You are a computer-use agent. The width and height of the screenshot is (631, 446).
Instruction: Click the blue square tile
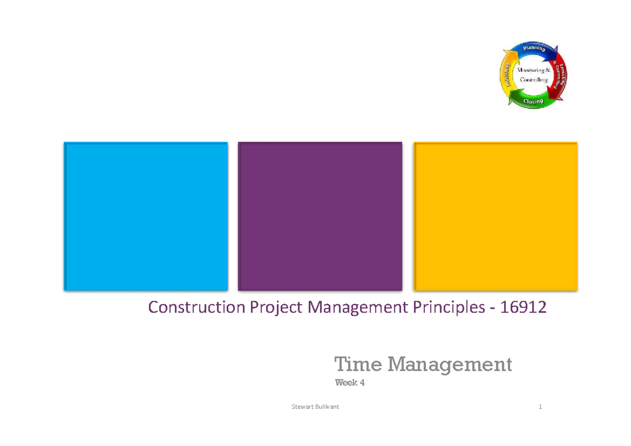pos(146,216)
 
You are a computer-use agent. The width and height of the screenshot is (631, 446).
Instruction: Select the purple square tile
pos(320,216)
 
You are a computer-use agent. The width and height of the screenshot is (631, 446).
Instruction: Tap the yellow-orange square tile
pos(495,216)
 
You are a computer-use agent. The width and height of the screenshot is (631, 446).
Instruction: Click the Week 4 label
pos(350,383)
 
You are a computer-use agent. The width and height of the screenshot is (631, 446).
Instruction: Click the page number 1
pos(540,407)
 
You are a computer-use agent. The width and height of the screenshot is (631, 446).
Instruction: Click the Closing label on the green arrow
pos(533,101)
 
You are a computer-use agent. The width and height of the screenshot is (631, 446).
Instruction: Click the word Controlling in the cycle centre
pos(534,80)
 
